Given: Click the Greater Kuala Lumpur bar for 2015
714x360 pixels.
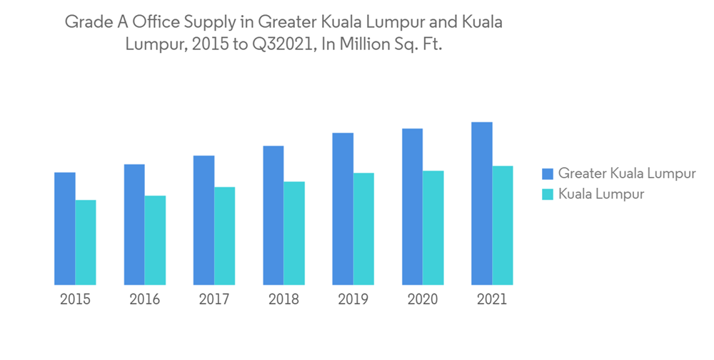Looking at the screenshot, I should [65, 229].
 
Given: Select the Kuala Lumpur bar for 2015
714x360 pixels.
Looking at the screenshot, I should [86, 242].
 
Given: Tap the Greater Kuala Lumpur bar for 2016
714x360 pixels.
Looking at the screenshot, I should [134, 224].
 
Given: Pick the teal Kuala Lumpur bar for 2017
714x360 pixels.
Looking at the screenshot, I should [225, 236].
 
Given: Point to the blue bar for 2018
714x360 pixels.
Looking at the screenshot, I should [273, 215].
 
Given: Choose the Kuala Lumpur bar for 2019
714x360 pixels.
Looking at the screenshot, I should [363, 229].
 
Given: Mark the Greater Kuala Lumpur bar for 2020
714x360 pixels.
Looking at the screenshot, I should [413, 206].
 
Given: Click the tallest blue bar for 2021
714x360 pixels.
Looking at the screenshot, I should [482, 204].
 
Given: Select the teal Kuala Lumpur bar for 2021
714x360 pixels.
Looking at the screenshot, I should [503, 225].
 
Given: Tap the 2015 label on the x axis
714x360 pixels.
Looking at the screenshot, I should [75, 299].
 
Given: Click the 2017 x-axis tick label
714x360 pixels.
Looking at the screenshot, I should [214, 299].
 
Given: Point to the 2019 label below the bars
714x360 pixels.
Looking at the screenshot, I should [353, 299].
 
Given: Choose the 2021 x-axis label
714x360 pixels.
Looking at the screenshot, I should [492, 299].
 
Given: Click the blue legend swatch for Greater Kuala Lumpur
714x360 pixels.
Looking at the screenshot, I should [548, 174].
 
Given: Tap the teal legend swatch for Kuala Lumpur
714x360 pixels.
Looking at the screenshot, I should [548, 194].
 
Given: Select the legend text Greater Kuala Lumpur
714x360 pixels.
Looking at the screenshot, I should [627, 174].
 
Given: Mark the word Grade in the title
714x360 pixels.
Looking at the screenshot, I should [84, 22].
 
